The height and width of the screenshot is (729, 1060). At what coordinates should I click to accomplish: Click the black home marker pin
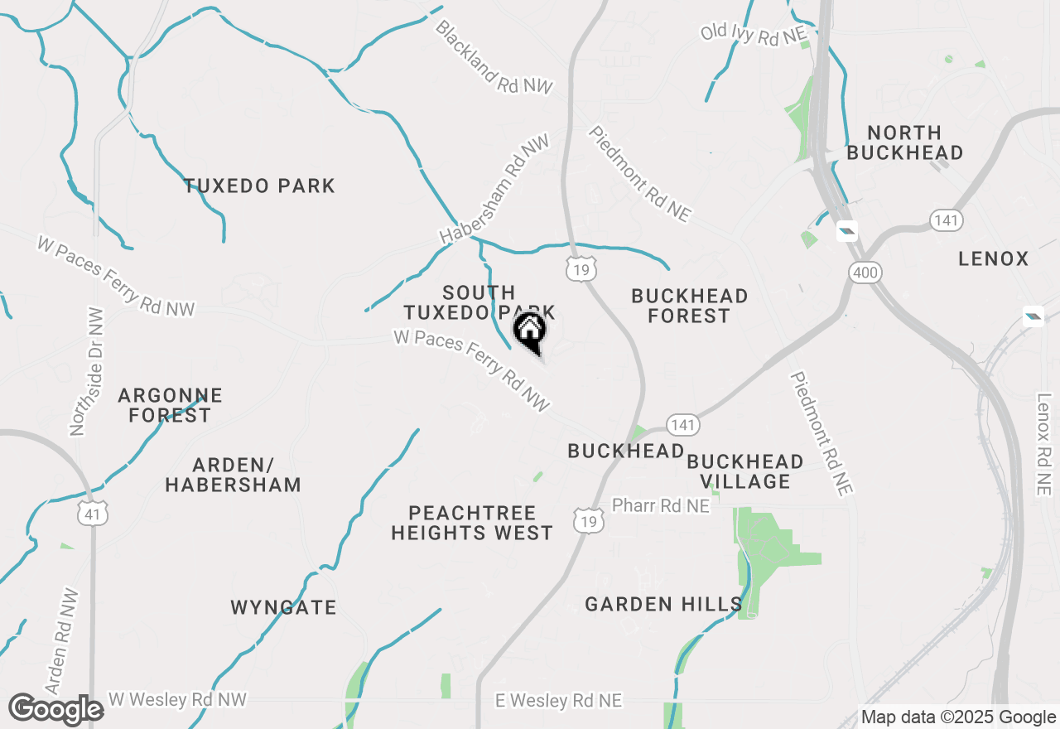coord(530,332)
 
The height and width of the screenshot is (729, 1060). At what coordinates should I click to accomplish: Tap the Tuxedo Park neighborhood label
coord(259,186)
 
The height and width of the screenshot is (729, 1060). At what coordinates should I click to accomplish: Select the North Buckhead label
coord(905,142)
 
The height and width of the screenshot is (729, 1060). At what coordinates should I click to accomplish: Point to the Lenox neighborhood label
coord(993,259)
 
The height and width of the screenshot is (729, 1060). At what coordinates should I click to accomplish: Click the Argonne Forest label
coord(170,405)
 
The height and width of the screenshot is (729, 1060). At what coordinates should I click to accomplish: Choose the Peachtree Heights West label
coord(472,523)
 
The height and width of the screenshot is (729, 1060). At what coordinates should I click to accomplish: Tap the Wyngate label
coord(283,607)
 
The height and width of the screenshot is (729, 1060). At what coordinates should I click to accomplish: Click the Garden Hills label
coord(663,605)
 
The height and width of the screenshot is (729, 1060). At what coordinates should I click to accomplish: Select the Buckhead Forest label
coord(689,306)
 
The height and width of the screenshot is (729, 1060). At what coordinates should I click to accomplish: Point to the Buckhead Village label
coord(744,471)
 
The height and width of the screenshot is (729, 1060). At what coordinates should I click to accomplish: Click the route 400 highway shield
coord(866,272)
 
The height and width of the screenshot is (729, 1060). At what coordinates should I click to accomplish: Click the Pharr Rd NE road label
coord(660,505)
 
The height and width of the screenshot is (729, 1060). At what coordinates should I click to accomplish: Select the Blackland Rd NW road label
coord(494,56)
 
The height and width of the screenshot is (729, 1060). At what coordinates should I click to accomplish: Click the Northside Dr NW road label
coord(87,372)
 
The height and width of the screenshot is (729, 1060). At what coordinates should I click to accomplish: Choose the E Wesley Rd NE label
coord(558,701)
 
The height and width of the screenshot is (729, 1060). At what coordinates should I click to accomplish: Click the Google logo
coord(55,710)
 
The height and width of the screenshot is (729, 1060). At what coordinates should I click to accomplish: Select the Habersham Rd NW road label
coord(494,190)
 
